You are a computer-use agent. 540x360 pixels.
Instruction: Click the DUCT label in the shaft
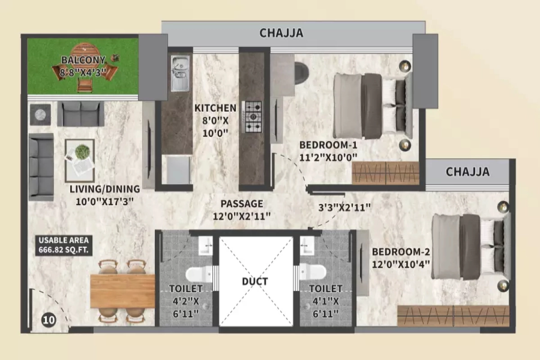tap(255, 282)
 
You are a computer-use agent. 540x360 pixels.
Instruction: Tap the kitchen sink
tap(180, 73)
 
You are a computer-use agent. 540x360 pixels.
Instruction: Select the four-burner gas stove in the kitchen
tap(252, 117)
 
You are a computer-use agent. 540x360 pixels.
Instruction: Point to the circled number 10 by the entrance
tap(49, 320)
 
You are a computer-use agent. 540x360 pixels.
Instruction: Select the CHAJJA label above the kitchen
tap(281, 33)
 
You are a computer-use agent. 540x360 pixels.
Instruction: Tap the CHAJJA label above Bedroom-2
tap(468, 171)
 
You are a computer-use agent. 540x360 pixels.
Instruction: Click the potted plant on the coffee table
tap(82, 152)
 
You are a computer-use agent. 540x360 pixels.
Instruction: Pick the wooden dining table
tap(122, 291)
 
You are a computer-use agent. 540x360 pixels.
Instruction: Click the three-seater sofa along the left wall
tap(41, 166)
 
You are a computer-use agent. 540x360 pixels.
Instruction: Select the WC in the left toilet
tap(198, 274)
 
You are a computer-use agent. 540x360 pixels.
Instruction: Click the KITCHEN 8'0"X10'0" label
tap(215, 120)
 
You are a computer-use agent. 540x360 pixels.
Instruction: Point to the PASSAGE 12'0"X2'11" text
tap(242, 210)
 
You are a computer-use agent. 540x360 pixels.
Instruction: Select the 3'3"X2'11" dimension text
tap(344, 207)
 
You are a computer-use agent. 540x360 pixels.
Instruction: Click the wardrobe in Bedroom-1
tap(385, 173)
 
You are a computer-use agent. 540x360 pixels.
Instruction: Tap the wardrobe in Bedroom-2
tap(453, 315)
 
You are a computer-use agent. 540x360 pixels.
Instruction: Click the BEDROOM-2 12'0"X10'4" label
tap(401, 258)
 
